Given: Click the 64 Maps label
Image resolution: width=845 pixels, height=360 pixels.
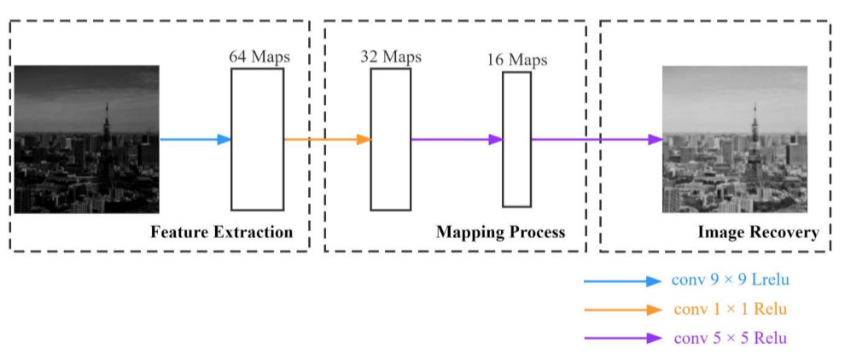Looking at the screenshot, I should tap(259, 57).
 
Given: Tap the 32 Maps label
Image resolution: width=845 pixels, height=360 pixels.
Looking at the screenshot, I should tap(391, 56).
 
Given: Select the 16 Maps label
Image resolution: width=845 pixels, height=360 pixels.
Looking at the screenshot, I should tap(517, 60).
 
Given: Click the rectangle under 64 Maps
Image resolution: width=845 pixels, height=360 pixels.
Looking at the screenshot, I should tap(257, 139).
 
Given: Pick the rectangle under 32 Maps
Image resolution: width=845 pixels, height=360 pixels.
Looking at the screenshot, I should tap(390, 139).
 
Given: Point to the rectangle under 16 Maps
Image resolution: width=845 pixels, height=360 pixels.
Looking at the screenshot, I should tap(516, 139).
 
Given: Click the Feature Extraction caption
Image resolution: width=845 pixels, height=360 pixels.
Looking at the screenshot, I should tap(221, 232).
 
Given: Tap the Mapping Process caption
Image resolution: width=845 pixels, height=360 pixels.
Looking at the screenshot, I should tap(500, 232).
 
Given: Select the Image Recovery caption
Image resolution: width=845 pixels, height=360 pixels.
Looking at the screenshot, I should tap(758, 232).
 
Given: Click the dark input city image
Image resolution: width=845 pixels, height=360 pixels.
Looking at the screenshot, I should tap(86, 139).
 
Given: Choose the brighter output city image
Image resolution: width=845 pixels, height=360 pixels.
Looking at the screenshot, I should tap(735, 139).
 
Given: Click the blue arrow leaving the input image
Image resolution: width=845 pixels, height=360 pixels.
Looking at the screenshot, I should tap(195, 139).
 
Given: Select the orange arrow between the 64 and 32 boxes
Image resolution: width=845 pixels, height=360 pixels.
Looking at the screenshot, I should tap(327, 139).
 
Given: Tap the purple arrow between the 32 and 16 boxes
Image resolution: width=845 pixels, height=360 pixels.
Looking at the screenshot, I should tap(456, 139).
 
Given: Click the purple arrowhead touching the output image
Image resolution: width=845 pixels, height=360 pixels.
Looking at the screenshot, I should tap(656, 139).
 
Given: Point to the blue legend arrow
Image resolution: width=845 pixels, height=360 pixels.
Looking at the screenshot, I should tap(622, 281).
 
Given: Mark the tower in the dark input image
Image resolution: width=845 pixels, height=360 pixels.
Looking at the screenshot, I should tap(106, 149).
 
